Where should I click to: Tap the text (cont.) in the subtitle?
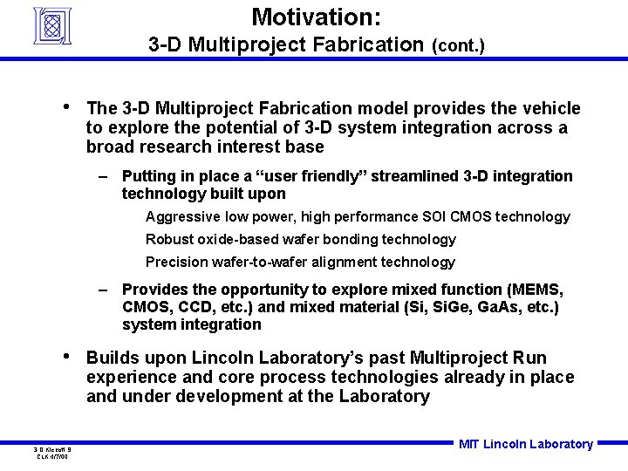point(458,44)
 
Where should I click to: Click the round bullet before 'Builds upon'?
point(69,357)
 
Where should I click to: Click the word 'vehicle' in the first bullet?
point(549,108)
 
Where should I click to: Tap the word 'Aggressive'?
point(182,216)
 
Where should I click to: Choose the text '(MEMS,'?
point(535,289)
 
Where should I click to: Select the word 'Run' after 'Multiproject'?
point(531,358)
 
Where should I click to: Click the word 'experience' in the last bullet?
point(127,377)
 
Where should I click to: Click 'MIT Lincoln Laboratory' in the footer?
point(525,444)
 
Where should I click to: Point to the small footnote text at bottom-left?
point(52,453)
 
